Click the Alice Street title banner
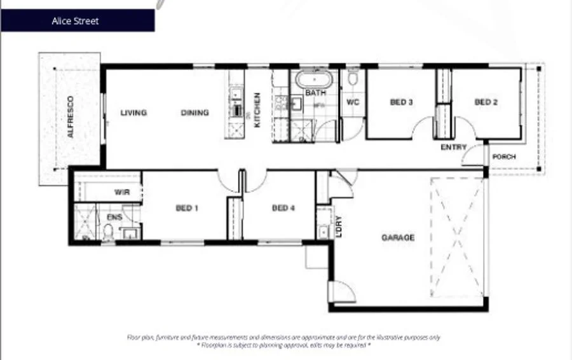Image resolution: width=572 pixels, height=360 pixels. click(77, 20)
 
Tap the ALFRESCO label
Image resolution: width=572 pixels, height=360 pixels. click(71, 117)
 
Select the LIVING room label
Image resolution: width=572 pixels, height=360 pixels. click(133, 113)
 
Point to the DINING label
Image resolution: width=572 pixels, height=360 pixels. click(194, 113)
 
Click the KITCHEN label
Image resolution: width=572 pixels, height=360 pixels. click(257, 110)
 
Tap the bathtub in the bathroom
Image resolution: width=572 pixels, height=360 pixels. click(315, 81)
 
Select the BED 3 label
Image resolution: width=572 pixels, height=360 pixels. click(402, 102)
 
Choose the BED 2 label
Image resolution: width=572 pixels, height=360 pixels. click(486, 102)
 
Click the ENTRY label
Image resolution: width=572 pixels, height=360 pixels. click(454, 148)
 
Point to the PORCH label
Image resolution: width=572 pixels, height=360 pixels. click(504, 157)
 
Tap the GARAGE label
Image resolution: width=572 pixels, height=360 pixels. click(398, 238)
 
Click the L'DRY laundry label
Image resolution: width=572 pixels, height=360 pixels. click(339, 228)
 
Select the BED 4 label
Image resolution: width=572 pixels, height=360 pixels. click(283, 208)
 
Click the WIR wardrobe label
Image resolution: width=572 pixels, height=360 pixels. click(122, 191)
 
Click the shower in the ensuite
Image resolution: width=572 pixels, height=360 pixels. click(85, 222)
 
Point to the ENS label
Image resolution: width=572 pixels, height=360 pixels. click(114, 217)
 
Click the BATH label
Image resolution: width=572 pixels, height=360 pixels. click(315, 93)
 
